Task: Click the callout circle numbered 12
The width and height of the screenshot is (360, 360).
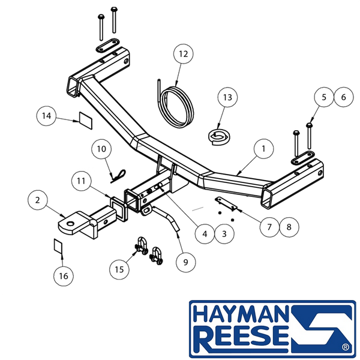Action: click(183, 54)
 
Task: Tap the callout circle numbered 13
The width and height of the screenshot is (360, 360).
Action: click(227, 97)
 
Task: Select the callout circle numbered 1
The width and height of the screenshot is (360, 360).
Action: click(263, 149)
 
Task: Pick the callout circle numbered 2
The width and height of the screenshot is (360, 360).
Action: click(38, 200)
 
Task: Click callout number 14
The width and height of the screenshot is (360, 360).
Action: click(47, 116)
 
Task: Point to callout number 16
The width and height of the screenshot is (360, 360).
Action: click(64, 276)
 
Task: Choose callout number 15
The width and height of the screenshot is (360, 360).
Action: click(119, 269)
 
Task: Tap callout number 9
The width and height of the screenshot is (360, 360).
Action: click(186, 262)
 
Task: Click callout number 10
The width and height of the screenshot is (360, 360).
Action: click(101, 149)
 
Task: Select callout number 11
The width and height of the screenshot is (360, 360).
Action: click(81, 181)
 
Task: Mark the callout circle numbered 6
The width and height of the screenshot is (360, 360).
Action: click(344, 97)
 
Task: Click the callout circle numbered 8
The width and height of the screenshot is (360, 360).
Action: click(289, 227)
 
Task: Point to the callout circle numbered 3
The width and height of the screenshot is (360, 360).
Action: click(224, 234)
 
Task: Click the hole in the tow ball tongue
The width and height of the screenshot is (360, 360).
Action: click(70, 223)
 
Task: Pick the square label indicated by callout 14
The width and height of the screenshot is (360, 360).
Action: click(85, 121)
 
